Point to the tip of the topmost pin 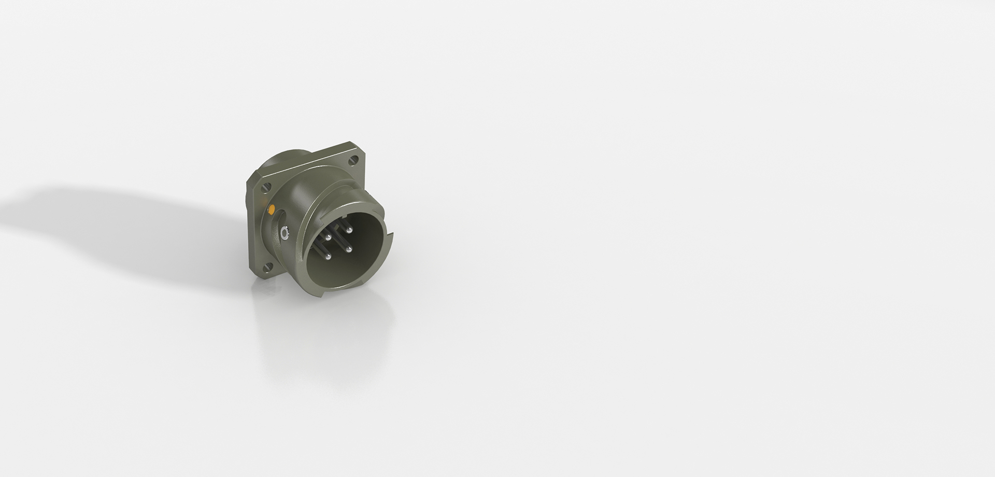click(x=349, y=230)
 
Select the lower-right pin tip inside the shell click(x=349, y=249)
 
